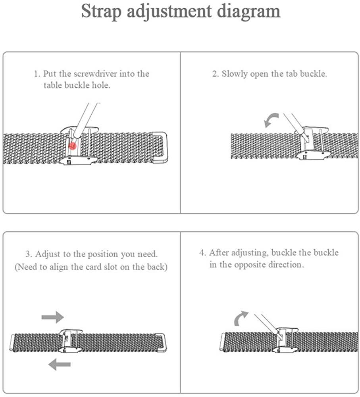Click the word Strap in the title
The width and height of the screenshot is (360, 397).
[101, 12]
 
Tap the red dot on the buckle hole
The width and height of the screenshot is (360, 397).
[72, 146]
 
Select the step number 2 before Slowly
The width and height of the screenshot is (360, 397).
[215, 74]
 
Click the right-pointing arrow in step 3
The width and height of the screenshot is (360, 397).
[53, 317]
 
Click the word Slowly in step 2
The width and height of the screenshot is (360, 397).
[235, 74]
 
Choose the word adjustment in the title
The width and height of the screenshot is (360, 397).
[169, 12]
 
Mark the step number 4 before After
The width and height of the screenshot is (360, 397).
[202, 252]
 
